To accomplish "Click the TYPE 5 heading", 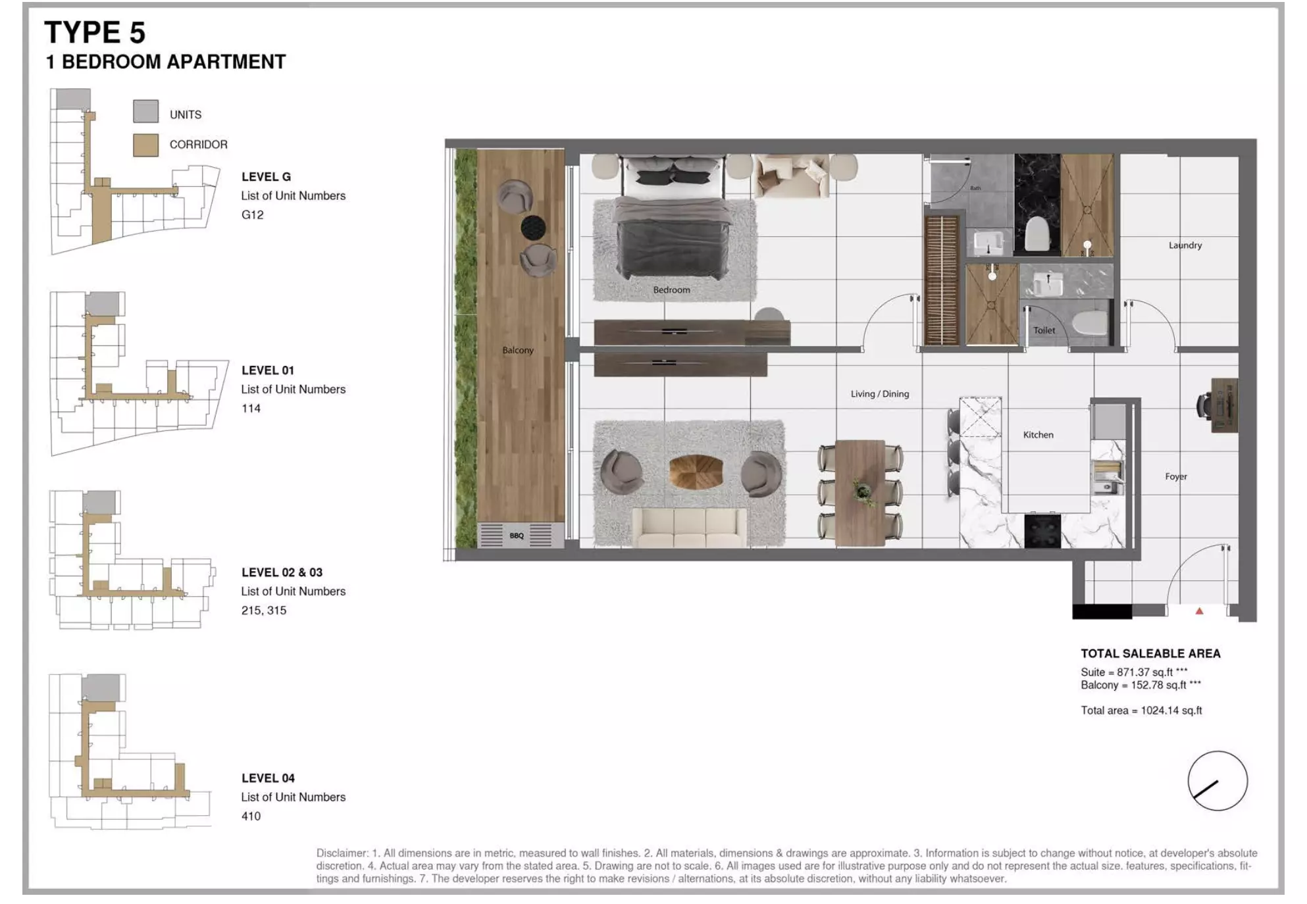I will [94, 32].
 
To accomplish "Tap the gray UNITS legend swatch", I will [145, 111].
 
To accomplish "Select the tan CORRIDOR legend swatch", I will [145, 145].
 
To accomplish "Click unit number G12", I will [252, 214].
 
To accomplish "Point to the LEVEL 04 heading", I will [268, 778].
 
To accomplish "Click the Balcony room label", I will [518, 350].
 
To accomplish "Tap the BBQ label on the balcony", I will [517, 536].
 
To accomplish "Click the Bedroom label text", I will [671, 289].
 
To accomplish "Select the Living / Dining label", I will [879, 393].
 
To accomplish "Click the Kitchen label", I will [1038, 434].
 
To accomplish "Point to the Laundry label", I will [1185, 245].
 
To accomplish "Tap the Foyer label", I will [1175, 476].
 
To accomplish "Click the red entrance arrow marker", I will [1199, 611].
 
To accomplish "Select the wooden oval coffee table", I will [696, 472].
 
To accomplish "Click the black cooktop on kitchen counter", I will [1042, 531].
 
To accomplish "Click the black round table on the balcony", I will [533, 228].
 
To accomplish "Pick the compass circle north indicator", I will [1217, 781].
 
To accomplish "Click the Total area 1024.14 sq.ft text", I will [1140, 710].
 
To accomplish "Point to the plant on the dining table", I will [861, 491].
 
